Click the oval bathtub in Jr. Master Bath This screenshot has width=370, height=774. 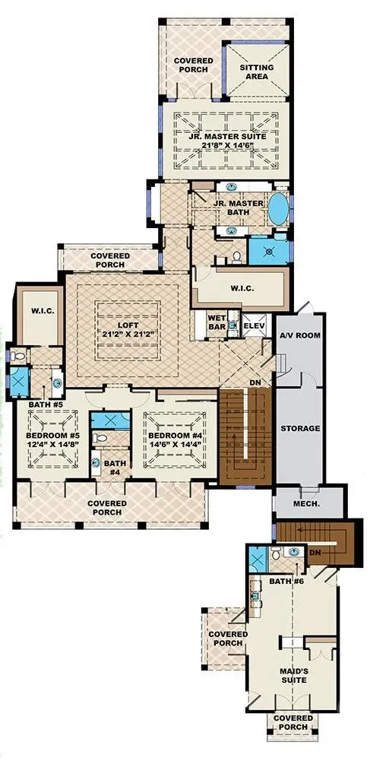[279, 209]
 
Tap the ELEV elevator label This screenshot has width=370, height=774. [255, 325]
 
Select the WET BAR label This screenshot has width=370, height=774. [217, 322]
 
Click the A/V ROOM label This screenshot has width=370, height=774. [300, 335]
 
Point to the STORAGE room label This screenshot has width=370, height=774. [300, 429]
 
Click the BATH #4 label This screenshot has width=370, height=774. [115, 468]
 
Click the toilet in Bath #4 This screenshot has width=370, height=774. [100, 438]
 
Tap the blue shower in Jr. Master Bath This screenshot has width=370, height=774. [270, 252]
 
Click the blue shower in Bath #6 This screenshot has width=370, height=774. [257, 560]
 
